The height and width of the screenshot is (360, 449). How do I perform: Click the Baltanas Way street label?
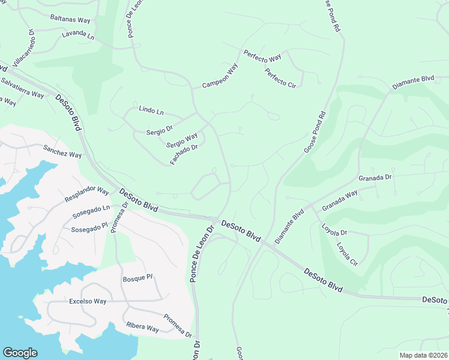pyautogui.click(x=70, y=19)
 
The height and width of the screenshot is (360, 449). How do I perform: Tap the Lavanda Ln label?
pyautogui.click(x=78, y=36)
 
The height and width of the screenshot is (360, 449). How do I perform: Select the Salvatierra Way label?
pyautogui.click(x=22, y=88)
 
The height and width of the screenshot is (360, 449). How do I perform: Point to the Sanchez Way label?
pyautogui.click(x=62, y=151)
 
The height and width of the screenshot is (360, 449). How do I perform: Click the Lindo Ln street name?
pyautogui.click(x=151, y=110)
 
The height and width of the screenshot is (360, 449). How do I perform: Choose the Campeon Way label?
pyautogui.click(x=220, y=76)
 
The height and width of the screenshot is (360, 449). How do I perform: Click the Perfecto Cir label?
pyautogui.click(x=281, y=77)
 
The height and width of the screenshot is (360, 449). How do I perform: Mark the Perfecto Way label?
pyautogui.click(x=262, y=57)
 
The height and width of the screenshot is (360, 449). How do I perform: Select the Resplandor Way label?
pyautogui.click(x=86, y=195)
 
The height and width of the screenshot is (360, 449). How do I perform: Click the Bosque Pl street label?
pyautogui.click(x=138, y=278)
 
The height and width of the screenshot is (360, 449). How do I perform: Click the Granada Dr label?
pyautogui.click(x=375, y=178)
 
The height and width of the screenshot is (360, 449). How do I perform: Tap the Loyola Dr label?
pyautogui.click(x=334, y=233)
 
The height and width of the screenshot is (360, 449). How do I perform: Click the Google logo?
pyautogui.click(x=20, y=353)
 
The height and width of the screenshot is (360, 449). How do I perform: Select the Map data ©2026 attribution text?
pyautogui.click(x=423, y=355)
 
